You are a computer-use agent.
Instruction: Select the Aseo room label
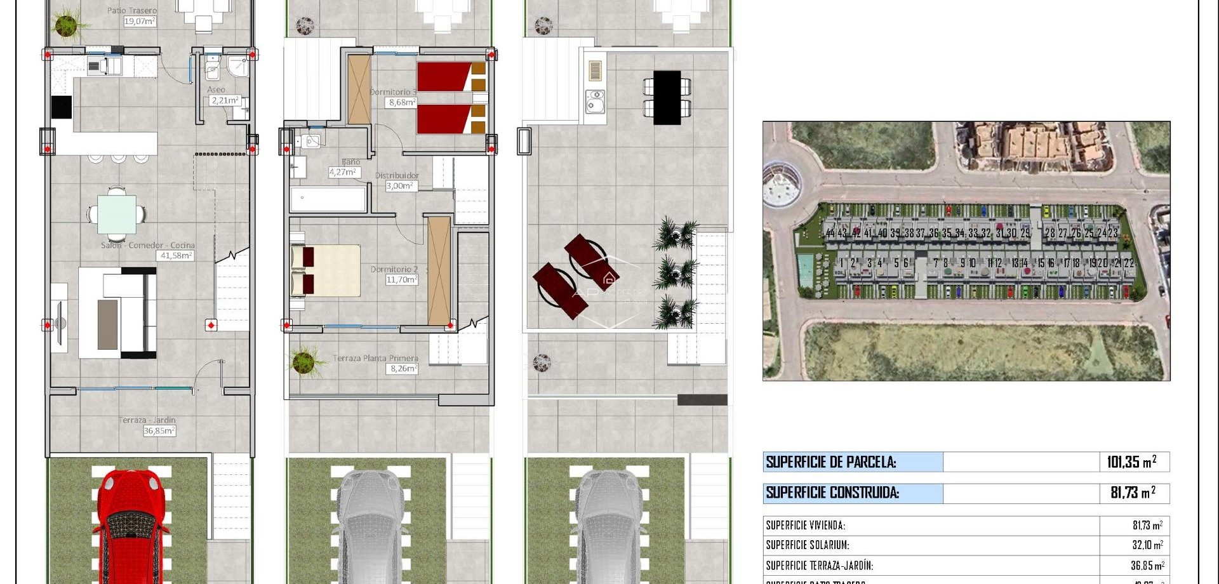pyautogui.click(x=216, y=90)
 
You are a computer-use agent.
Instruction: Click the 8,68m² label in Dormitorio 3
pyautogui.click(x=403, y=102)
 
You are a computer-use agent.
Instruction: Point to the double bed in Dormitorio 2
pyautogui.click(x=325, y=270)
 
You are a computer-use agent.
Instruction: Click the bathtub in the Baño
pyautogui.click(x=328, y=199)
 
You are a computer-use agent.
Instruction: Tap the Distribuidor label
pyautogui.click(x=397, y=176)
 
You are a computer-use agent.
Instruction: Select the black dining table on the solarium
pyautogui.click(x=667, y=97)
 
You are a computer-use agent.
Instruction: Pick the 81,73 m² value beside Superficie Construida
pyautogui.click(x=1133, y=493)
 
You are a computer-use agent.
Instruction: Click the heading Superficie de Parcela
pyautogui.click(x=831, y=462)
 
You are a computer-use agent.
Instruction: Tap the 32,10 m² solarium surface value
pyautogui.click(x=1147, y=545)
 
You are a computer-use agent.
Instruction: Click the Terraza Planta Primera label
pyautogui.click(x=375, y=358)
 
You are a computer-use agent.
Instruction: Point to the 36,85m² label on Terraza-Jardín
pyautogui.click(x=159, y=431)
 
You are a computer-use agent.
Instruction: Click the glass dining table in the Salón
pyautogui.click(x=117, y=215)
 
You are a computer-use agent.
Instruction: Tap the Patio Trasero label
pyautogui.click(x=132, y=10)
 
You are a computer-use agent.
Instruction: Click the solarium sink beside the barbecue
pyautogui.click(x=595, y=102)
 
